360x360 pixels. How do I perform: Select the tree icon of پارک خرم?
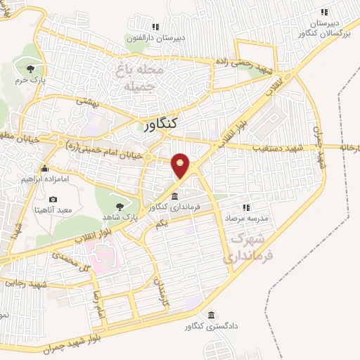point(30,69)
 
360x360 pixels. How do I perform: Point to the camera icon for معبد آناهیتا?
point(53,200)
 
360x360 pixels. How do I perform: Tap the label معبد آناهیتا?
point(53,210)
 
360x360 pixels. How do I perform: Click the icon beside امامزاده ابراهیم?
point(44,169)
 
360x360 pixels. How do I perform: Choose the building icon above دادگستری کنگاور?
point(211,314)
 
